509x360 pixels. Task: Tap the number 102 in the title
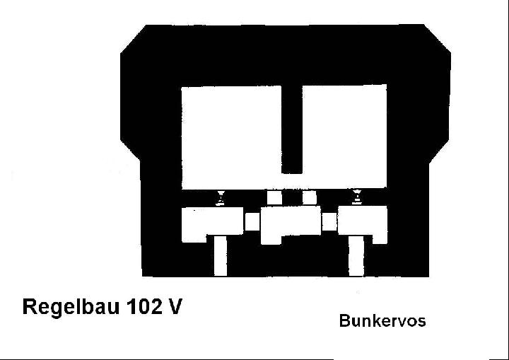pos(144,306)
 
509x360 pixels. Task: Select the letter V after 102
pos(175,306)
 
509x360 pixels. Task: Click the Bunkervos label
pos(382,320)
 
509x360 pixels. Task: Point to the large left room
pos(231,137)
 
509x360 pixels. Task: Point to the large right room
pos(344,137)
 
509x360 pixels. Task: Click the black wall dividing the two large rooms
pos(292,129)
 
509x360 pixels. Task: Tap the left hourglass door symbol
pos(221,198)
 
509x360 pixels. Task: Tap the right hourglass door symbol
pos(357,197)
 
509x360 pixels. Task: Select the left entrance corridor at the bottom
pos(221,256)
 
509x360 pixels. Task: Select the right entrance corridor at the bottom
pos(356,256)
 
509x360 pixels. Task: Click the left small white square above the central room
pos(274,197)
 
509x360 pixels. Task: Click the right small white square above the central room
pos(310,197)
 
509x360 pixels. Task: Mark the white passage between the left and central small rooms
pos(252,221)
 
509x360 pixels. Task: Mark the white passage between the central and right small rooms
pos(329,221)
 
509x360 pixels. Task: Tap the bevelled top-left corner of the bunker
pos(133,39)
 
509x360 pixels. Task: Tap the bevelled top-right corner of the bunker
pos(438,38)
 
